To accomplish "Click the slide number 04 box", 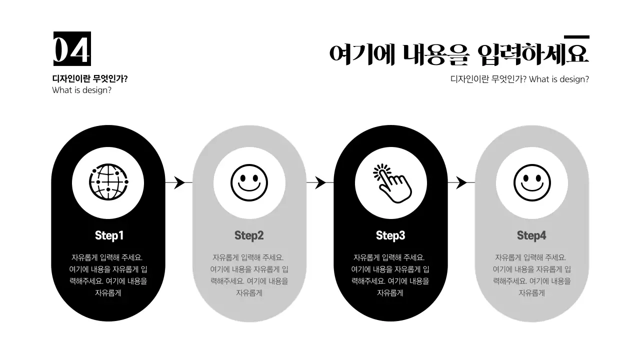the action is pyautogui.click(x=72, y=49).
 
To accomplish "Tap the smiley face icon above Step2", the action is pyautogui.click(x=249, y=182).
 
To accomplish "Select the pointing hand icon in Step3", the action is pyautogui.click(x=391, y=183).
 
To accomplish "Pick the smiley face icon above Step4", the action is pyautogui.click(x=531, y=182).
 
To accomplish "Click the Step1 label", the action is pyautogui.click(x=109, y=235).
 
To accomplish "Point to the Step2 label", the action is pyautogui.click(x=249, y=235).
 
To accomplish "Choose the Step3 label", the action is pyautogui.click(x=390, y=235).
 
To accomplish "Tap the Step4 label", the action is pyautogui.click(x=531, y=235).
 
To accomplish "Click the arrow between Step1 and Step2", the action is pyautogui.click(x=178, y=182).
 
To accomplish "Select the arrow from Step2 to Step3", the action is pyautogui.click(x=320, y=182).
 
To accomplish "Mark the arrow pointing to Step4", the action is pyautogui.click(x=461, y=182).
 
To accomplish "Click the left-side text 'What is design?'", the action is pyautogui.click(x=81, y=90).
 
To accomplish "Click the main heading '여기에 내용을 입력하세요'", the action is pyautogui.click(x=459, y=54).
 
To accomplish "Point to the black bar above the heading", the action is pyautogui.click(x=576, y=37).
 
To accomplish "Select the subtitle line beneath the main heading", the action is pyautogui.click(x=519, y=79).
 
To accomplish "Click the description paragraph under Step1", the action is pyautogui.click(x=108, y=275).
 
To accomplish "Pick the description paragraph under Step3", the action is pyautogui.click(x=390, y=275).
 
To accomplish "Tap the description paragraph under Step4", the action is pyautogui.click(x=531, y=275).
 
